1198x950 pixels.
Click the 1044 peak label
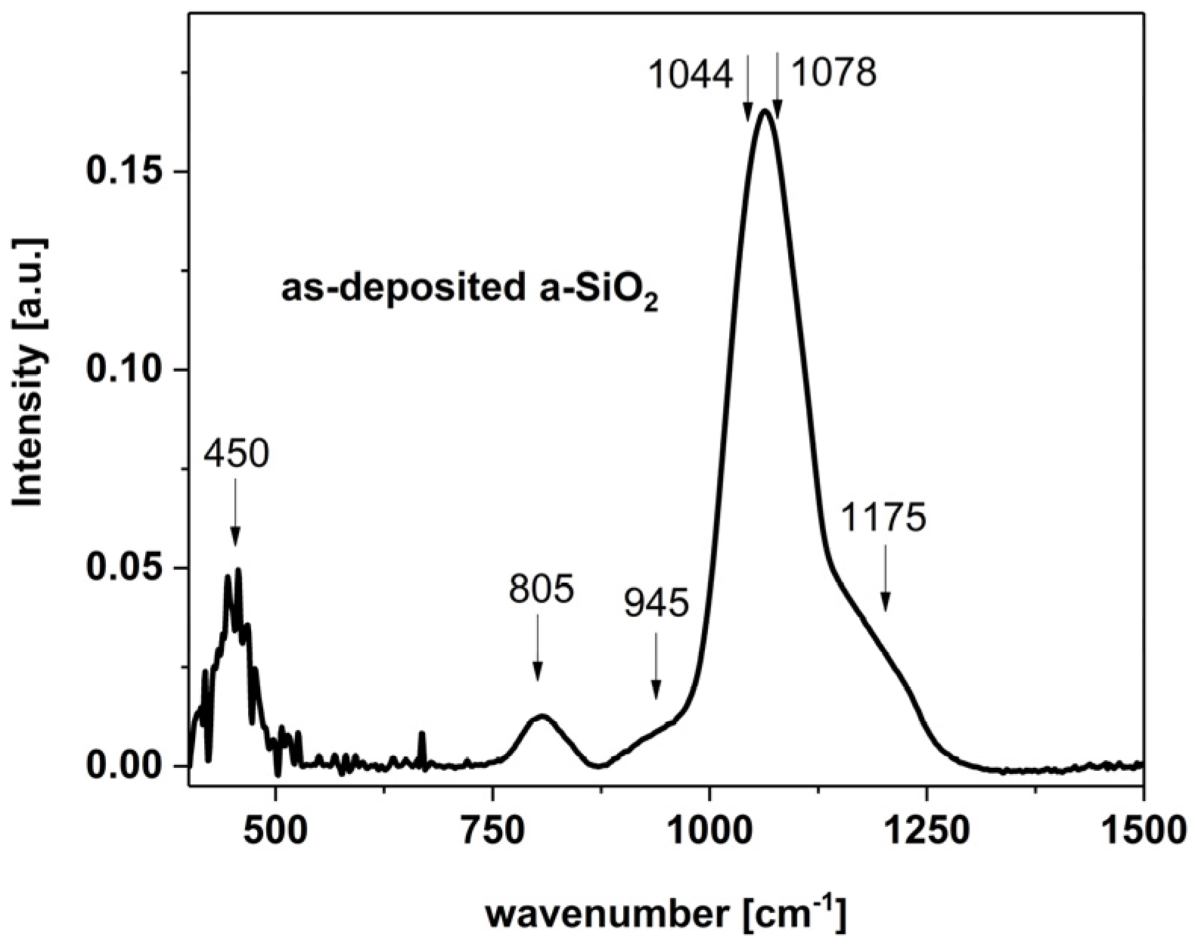click(x=691, y=75)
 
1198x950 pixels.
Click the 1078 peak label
click(x=833, y=73)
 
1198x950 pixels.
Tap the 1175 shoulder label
click(x=883, y=518)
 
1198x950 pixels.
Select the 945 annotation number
click(x=656, y=605)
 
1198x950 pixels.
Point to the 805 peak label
click(x=542, y=589)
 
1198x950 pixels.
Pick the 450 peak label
click(x=236, y=455)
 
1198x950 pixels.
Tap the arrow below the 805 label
click(x=538, y=647)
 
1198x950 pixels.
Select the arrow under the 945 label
click(x=656, y=666)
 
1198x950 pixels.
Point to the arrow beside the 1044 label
click(x=748, y=87)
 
